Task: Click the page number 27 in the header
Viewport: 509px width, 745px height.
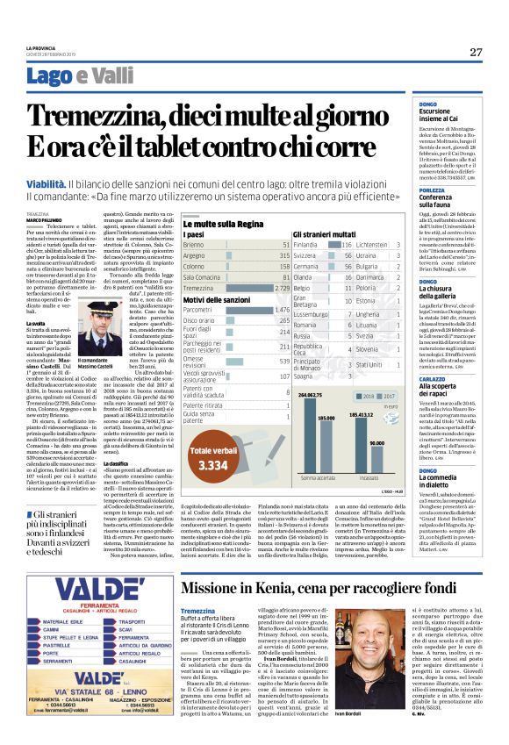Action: [476, 52]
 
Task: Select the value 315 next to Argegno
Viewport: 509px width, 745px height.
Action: [282, 254]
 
